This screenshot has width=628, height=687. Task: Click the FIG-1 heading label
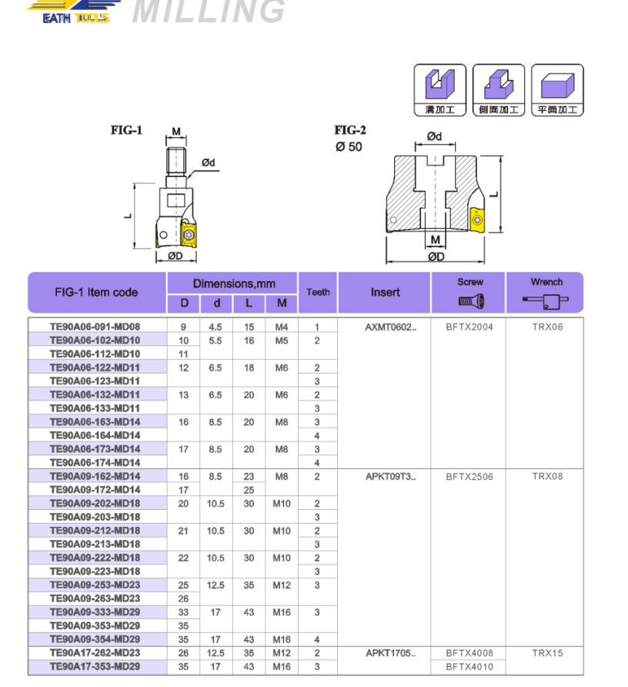pos(126,130)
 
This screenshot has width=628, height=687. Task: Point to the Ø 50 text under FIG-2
pos(349,146)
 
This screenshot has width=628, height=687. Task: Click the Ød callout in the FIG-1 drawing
pos(208,163)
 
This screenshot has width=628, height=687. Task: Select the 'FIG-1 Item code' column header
pos(97,292)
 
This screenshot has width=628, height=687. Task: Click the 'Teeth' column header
pos(318,292)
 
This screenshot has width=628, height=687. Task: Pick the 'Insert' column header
pos(385,292)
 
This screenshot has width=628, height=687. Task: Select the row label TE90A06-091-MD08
pos(95,327)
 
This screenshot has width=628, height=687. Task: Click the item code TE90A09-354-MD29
pos(95,639)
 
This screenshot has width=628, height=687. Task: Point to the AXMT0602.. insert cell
pos(390,327)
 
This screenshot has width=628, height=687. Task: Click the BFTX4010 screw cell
pos(469,667)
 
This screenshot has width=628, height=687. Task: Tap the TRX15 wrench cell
pos(547,653)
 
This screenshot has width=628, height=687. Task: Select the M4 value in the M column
pos(282,327)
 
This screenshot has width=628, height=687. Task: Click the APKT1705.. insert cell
pos(390,653)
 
